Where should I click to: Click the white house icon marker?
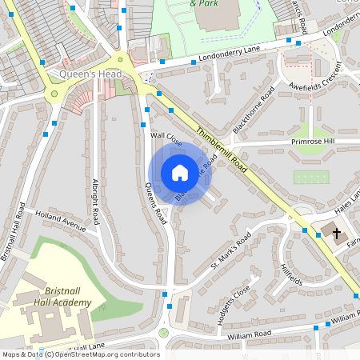coord(180,173)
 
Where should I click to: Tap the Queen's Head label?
coord(90,75)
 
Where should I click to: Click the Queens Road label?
coord(154,203)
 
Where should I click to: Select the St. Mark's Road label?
coord(231,250)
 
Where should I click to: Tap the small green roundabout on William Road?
coord(164,332)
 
